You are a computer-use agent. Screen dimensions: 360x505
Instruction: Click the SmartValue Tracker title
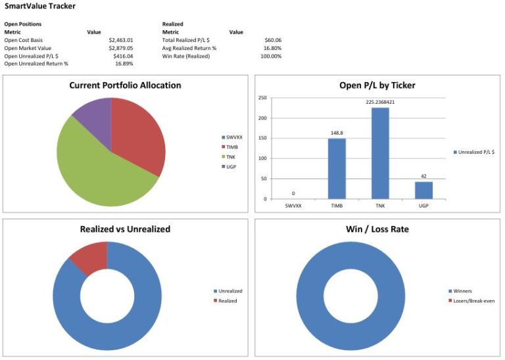[40, 7]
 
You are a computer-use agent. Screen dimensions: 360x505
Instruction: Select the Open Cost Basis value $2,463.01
[120, 40]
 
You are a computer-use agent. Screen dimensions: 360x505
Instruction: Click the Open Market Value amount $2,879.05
[120, 48]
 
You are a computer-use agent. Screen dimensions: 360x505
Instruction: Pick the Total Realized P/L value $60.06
[271, 40]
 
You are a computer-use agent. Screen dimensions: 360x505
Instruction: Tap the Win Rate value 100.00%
[270, 56]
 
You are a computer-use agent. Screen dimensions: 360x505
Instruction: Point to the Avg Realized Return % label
[189, 48]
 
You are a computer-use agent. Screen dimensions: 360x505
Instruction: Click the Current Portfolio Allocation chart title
[125, 85]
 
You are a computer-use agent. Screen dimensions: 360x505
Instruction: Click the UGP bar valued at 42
[424, 190]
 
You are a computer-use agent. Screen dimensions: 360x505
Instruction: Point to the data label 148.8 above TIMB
[337, 132]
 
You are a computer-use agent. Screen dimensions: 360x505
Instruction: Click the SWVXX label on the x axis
[293, 206]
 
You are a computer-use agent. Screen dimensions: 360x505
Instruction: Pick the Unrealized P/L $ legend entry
[475, 152]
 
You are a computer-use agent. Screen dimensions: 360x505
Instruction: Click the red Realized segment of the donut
[91, 258]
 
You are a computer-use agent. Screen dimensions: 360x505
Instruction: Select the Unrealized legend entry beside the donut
[228, 291]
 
